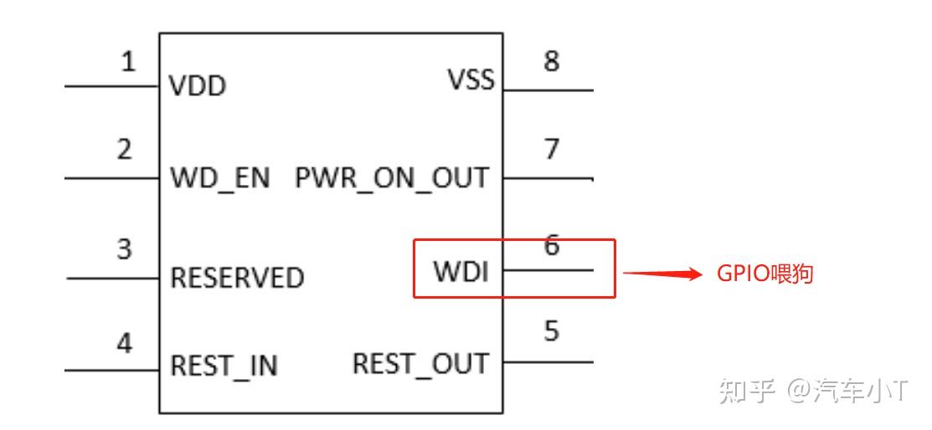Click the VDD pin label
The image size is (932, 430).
198,86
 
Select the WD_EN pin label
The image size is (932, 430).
220,177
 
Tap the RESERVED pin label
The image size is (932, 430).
237,278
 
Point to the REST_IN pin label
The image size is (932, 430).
224,366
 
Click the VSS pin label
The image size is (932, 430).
471,79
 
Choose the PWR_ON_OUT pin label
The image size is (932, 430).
392,177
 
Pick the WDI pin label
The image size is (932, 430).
461,271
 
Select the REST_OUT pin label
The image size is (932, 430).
421,363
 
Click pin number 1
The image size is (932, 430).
128,61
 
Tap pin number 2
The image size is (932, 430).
124,150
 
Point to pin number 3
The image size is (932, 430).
124,248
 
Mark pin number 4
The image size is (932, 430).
124,343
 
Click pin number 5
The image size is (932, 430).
552,330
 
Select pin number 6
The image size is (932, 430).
552,244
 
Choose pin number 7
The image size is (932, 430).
552,149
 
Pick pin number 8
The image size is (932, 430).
552,61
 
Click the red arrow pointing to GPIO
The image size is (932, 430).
662,274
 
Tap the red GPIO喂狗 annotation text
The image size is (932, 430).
765,274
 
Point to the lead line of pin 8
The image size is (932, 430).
548,91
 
